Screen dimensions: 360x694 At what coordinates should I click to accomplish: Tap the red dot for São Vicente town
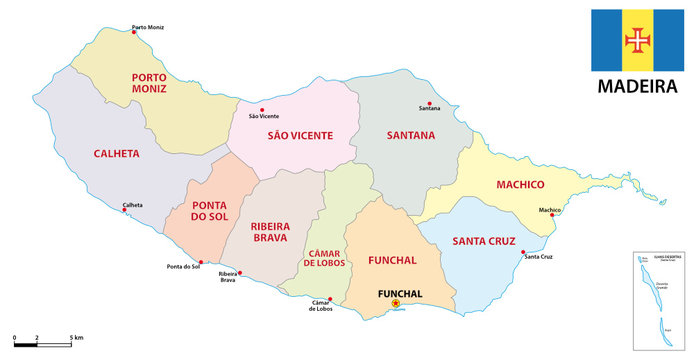point(262,110)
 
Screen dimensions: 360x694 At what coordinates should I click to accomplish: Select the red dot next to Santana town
point(429,105)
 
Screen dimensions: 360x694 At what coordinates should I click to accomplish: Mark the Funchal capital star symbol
point(396,303)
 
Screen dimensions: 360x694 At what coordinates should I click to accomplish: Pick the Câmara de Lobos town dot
point(330,298)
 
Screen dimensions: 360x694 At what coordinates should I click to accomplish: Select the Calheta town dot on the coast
point(125,210)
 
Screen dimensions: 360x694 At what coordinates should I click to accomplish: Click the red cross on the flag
point(636,39)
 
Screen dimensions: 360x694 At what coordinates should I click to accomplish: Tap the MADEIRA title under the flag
point(636,86)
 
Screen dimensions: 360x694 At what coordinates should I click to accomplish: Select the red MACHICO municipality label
point(520,185)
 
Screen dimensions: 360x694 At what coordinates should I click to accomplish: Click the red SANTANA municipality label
point(411,134)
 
